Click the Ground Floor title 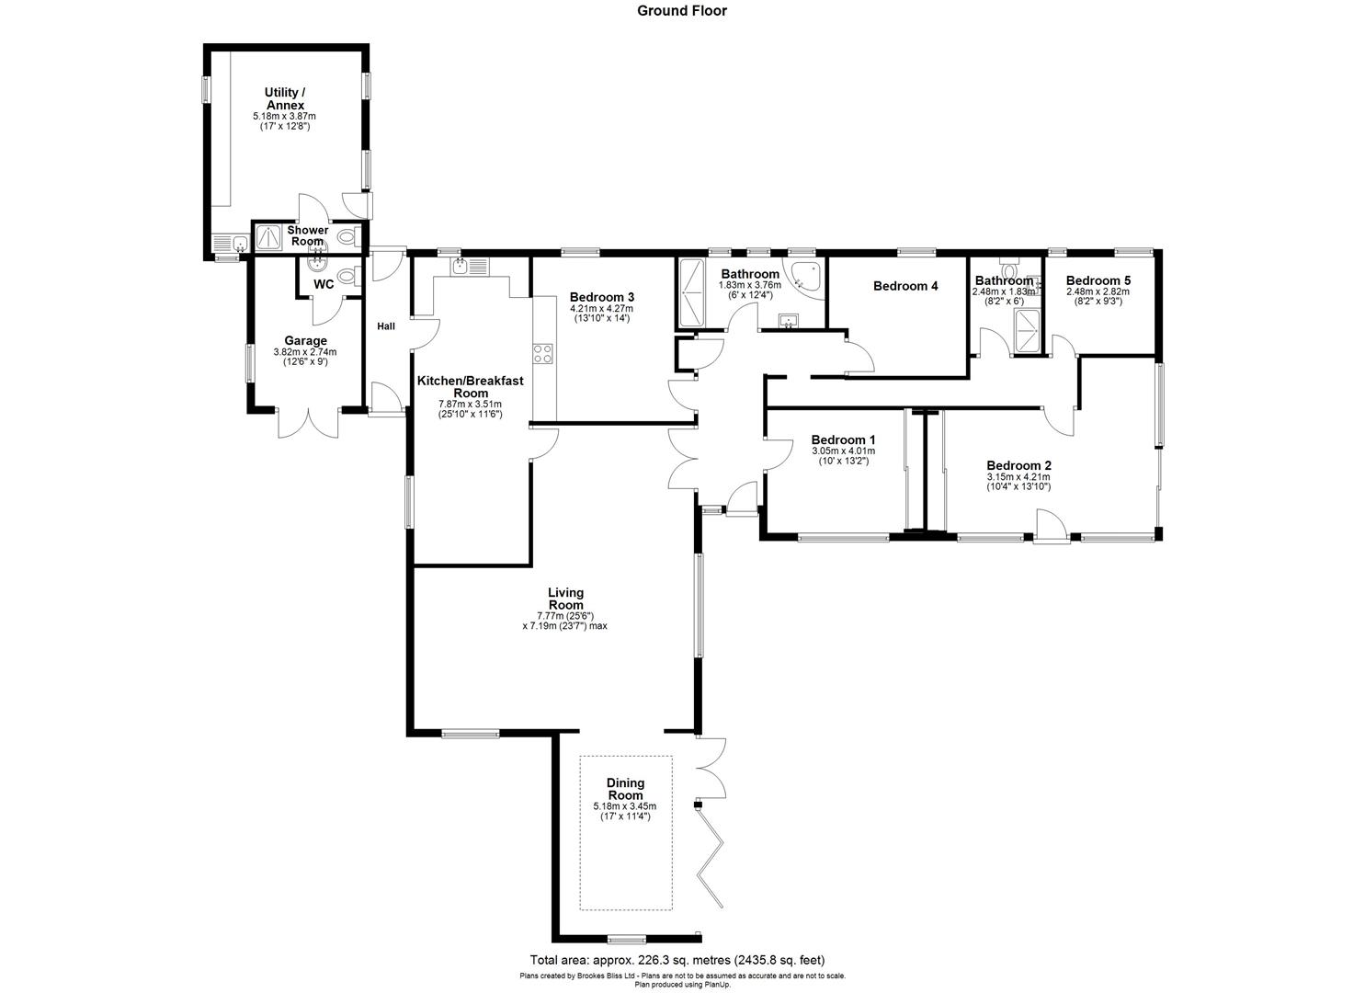(x=682, y=11)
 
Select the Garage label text (x=305, y=340)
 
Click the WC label (x=324, y=285)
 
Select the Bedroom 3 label (x=601, y=297)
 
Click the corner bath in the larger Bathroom (x=805, y=275)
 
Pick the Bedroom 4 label (x=904, y=286)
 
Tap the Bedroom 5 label (x=1098, y=280)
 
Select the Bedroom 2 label (x=1018, y=465)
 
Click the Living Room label (x=565, y=599)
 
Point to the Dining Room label (x=625, y=789)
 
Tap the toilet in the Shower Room (x=346, y=238)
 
